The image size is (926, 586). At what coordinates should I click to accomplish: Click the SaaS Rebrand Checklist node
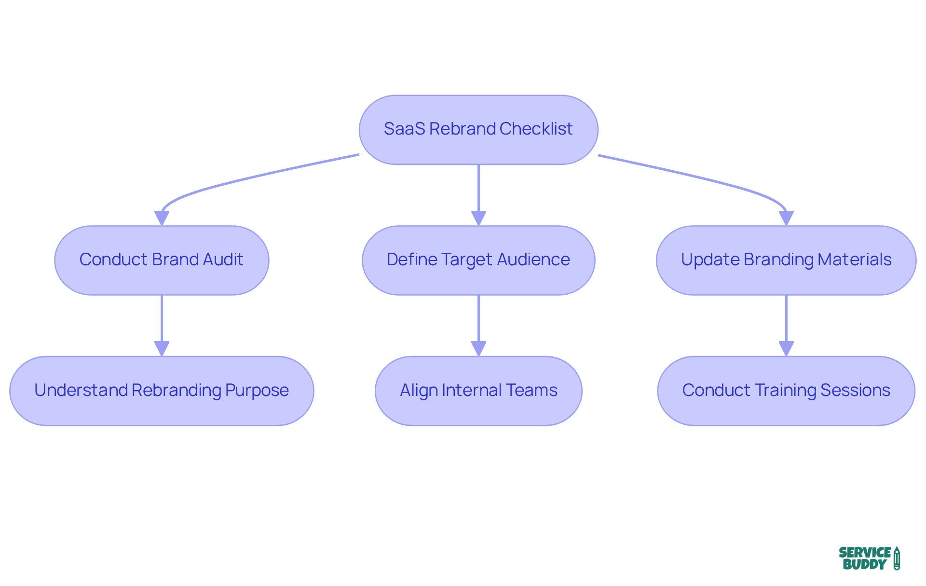[478, 130]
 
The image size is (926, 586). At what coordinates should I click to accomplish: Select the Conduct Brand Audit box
[162, 260]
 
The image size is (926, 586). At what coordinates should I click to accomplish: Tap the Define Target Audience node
[478, 260]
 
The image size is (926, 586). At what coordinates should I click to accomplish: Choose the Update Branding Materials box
[786, 260]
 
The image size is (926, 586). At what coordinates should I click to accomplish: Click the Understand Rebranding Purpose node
[162, 391]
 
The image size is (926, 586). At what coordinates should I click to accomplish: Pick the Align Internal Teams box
[478, 391]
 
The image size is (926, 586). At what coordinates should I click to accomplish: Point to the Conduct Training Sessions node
[786, 391]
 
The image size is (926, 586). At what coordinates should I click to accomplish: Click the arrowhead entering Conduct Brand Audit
[162, 218]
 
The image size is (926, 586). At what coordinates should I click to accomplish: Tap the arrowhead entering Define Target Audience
[478, 218]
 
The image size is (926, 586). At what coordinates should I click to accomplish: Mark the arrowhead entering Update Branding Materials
[786, 218]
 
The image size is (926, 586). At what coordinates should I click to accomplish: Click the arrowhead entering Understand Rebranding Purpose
[162, 348]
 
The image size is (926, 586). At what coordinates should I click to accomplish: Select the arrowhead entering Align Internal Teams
[478, 348]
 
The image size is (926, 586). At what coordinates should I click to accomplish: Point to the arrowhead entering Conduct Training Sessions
[786, 348]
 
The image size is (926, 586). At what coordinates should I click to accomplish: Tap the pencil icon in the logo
[897, 559]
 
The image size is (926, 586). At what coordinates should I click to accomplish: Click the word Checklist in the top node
[536, 129]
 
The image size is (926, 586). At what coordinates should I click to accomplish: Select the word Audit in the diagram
[223, 259]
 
